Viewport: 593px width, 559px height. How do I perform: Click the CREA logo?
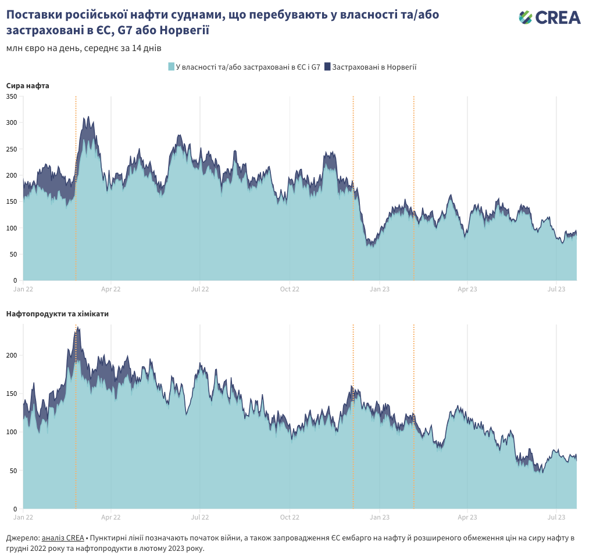pyautogui.click(x=549, y=17)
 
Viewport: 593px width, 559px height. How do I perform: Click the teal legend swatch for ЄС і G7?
pyautogui.click(x=172, y=67)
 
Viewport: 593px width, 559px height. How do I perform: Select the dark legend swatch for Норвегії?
pyautogui.click(x=327, y=67)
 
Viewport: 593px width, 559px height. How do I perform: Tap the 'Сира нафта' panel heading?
pyautogui.click(x=28, y=86)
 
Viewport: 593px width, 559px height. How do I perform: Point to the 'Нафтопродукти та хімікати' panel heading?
pyautogui.click(x=58, y=314)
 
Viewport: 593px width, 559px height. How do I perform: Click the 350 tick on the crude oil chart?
pyautogui.click(x=12, y=96)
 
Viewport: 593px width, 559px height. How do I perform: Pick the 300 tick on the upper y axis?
pyautogui.click(x=12, y=123)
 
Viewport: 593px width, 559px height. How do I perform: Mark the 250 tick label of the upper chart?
pyautogui.click(x=12, y=149)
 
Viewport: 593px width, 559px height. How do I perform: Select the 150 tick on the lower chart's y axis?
pyautogui.click(x=12, y=394)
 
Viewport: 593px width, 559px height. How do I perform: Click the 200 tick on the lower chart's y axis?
pyautogui.click(x=12, y=356)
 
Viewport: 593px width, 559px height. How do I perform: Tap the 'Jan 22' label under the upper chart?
pyautogui.click(x=23, y=288)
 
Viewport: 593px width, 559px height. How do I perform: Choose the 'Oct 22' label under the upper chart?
pyautogui.click(x=290, y=288)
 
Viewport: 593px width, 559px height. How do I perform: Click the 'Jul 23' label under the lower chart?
pyautogui.click(x=557, y=517)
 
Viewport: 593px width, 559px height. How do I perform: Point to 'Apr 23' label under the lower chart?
pyautogui.click(x=467, y=517)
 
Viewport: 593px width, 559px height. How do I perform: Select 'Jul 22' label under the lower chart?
pyautogui.click(x=200, y=517)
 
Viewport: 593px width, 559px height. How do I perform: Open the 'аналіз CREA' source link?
pyautogui.click(x=63, y=538)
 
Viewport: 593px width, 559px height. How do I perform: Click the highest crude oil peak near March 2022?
pyautogui.click(x=88, y=117)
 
